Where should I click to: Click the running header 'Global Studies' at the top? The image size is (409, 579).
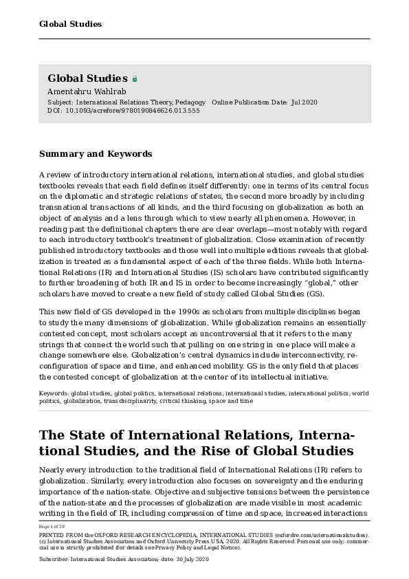(70, 24)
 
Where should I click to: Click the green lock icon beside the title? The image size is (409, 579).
(135, 79)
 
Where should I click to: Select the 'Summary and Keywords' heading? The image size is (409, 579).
(96, 154)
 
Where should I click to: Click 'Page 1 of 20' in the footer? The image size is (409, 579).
(52, 526)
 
